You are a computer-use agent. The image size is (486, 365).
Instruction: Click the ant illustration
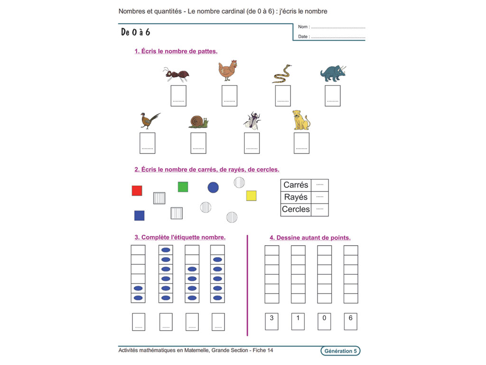[177, 74]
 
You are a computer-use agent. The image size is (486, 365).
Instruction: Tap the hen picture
[228, 70]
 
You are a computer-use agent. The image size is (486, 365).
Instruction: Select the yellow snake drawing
[282, 74]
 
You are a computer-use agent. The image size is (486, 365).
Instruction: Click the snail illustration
[198, 122]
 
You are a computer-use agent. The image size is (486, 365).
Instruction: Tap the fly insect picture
[252, 121]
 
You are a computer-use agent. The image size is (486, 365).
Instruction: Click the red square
[137, 191]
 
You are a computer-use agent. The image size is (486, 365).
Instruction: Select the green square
[183, 187]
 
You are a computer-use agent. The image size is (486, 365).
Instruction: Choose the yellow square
[251, 195]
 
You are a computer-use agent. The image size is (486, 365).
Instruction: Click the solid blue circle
[213, 187]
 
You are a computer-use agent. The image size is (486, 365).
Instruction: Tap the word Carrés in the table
[296, 185]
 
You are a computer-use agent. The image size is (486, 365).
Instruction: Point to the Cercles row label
[296, 209]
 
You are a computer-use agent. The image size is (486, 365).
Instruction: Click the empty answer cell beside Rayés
[319, 197]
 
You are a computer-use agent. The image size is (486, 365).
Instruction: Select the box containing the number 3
[271, 321]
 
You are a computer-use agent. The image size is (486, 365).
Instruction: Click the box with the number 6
[350, 321]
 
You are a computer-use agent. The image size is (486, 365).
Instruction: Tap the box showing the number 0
[324, 321]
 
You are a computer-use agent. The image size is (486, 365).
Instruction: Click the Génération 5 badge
[340, 351]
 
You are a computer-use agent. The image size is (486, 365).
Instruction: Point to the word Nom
[303, 27]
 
